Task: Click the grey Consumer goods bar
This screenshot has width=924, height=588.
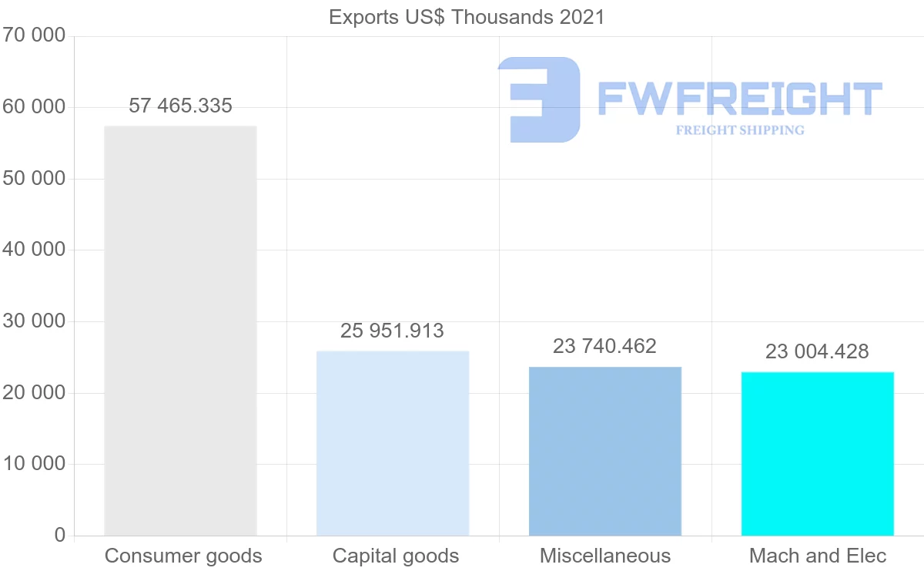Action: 180,331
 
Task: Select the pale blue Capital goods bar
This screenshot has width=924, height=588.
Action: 393,444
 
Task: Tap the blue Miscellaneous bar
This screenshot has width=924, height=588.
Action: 605,452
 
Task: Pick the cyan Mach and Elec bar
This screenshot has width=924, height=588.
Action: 818,455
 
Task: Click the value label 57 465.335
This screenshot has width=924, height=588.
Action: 180,106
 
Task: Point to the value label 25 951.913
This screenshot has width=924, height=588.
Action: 393,331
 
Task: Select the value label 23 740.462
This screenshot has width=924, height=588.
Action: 605,347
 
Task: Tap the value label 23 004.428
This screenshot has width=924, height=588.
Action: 817,352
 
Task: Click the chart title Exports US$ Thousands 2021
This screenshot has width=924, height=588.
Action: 467,17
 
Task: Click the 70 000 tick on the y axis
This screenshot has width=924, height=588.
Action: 34,35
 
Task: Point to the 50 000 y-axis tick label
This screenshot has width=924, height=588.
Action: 34,179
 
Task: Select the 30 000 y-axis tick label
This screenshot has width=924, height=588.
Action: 34,321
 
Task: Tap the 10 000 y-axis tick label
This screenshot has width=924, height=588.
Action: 34,464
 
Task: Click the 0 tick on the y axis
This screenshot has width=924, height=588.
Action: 60,535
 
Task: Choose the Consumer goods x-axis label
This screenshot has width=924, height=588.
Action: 183,556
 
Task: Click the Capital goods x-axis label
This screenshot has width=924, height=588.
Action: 396,556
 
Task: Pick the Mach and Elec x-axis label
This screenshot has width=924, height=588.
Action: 818,556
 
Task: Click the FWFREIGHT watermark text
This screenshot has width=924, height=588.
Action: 739,99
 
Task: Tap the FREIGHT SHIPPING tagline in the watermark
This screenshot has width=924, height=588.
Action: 740,130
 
